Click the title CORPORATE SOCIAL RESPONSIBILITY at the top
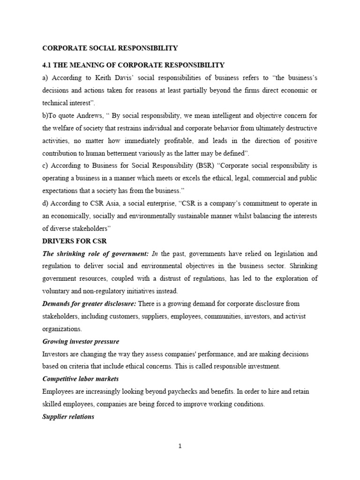110,48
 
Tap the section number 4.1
48,65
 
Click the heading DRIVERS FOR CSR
75,241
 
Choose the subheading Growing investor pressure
81,342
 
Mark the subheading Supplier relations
68,416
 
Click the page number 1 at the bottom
180,446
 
